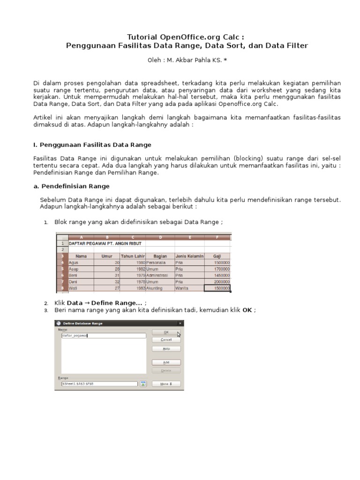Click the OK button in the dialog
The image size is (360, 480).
165,332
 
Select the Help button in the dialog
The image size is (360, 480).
165,349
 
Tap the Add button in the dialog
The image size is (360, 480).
165,362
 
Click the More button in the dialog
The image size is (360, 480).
165,383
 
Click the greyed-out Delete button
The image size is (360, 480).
165,370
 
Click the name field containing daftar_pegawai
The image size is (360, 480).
103,336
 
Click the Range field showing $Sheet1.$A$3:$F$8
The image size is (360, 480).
99,383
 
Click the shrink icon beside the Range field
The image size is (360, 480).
143,383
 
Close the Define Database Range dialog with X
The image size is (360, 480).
180,323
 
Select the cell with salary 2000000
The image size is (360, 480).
217,282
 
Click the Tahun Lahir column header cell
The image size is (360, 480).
133,256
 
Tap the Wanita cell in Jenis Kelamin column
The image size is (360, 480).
189,289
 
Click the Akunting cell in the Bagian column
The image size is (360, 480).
160,289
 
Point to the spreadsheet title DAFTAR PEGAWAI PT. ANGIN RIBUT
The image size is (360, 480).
105,243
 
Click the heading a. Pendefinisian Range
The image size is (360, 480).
71,186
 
